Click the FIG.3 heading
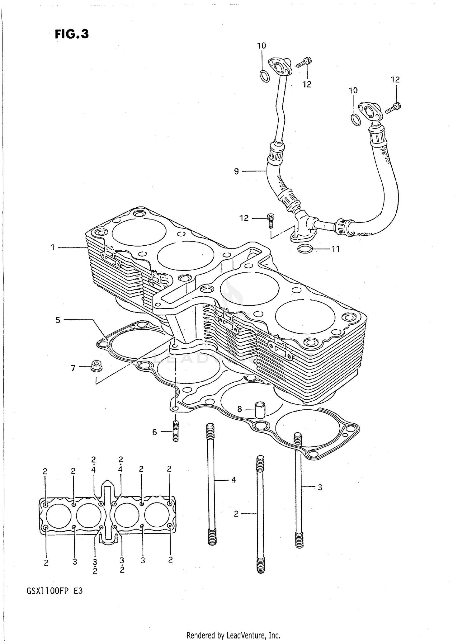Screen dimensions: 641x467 pyautogui.click(x=72, y=34)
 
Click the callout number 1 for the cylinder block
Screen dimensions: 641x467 pyautogui.click(x=53, y=247)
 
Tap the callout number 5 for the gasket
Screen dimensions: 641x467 pyautogui.click(x=58, y=320)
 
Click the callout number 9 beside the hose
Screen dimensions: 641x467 pyautogui.click(x=237, y=171)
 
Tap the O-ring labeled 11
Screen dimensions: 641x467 pyautogui.click(x=305, y=249)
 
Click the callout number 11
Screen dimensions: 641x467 pyautogui.click(x=335, y=249)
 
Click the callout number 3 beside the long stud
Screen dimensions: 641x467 pyautogui.click(x=320, y=488)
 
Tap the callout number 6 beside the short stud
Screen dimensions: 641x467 pyautogui.click(x=154, y=432)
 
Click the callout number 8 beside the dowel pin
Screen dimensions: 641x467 pyautogui.click(x=239, y=409)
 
